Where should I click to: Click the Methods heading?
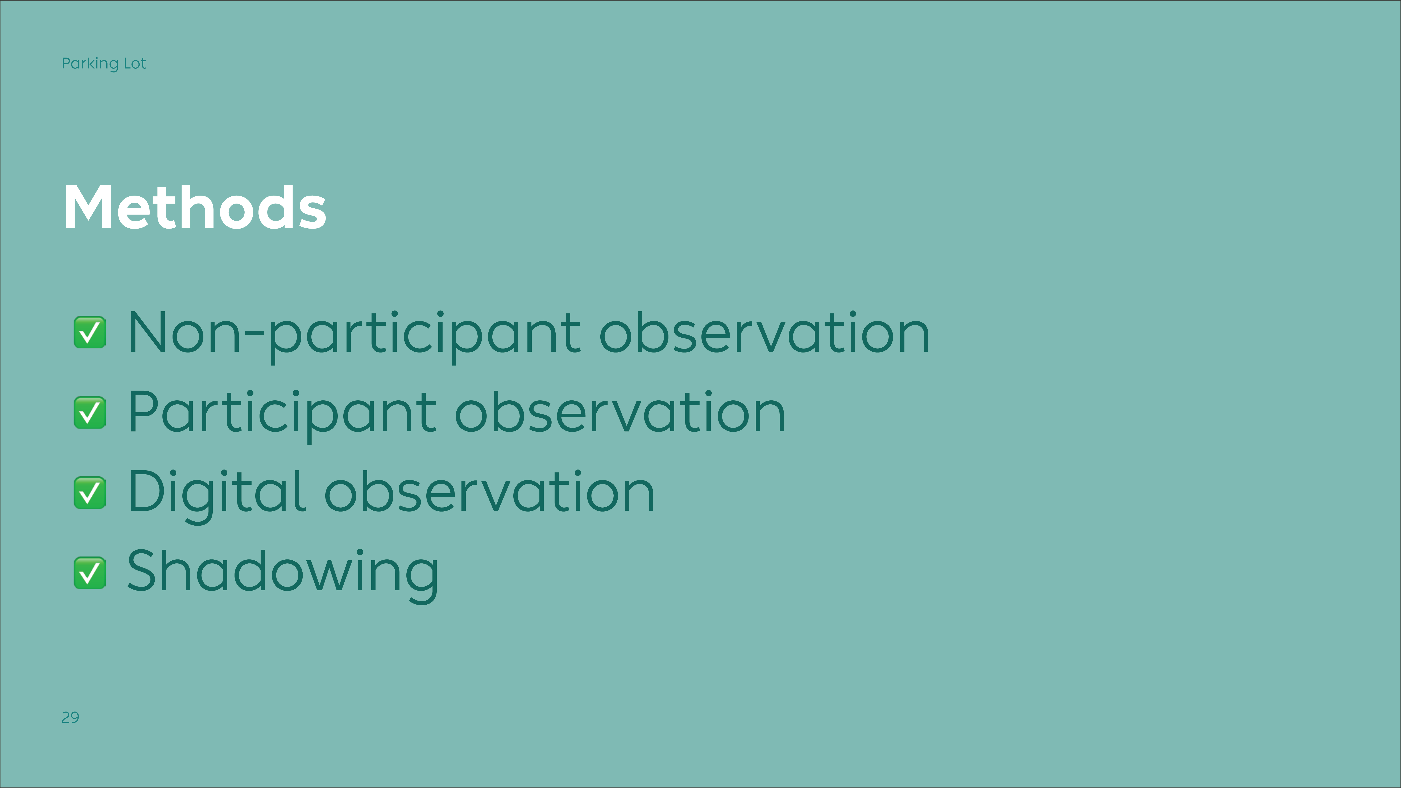coord(195,207)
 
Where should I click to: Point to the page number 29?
coord(70,717)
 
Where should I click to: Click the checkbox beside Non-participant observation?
coord(90,332)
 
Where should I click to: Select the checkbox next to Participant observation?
coord(90,412)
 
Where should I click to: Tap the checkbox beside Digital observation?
coord(90,493)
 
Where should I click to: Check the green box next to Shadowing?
coord(90,573)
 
